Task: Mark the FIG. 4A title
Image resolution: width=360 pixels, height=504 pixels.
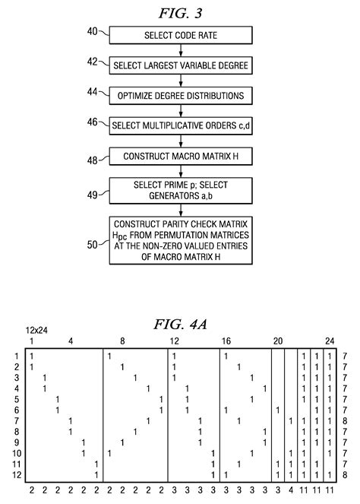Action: pyautogui.click(x=181, y=325)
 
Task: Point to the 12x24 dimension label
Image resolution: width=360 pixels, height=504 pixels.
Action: pyautogui.click(x=35, y=332)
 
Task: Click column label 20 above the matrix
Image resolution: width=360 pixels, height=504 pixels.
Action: pyautogui.click(x=278, y=341)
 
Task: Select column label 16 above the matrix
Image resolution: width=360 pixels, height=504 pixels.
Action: pyautogui.click(x=226, y=341)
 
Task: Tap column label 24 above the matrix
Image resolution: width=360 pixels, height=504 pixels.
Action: pyautogui.click(x=329, y=341)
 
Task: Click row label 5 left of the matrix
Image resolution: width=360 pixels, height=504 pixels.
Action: pyautogui.click(x=17, y=399)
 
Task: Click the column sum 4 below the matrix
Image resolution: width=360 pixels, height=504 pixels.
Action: pyautogui.click(x=291, y=490)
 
